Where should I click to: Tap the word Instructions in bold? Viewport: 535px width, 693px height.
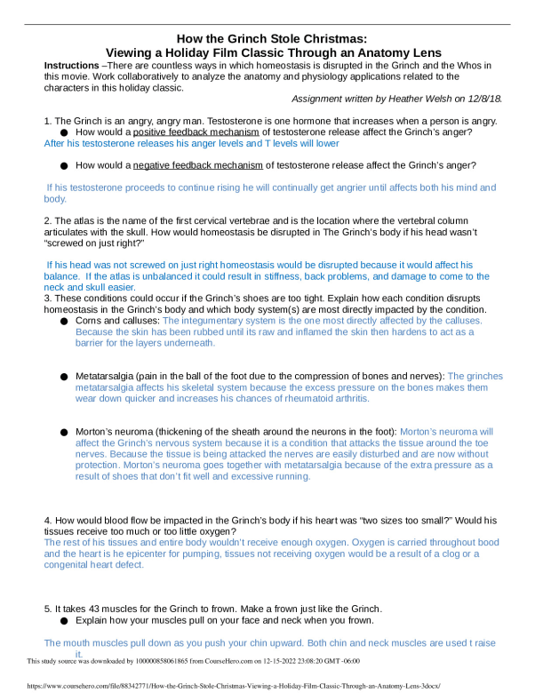pyautogui.click(x=72, y=67)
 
